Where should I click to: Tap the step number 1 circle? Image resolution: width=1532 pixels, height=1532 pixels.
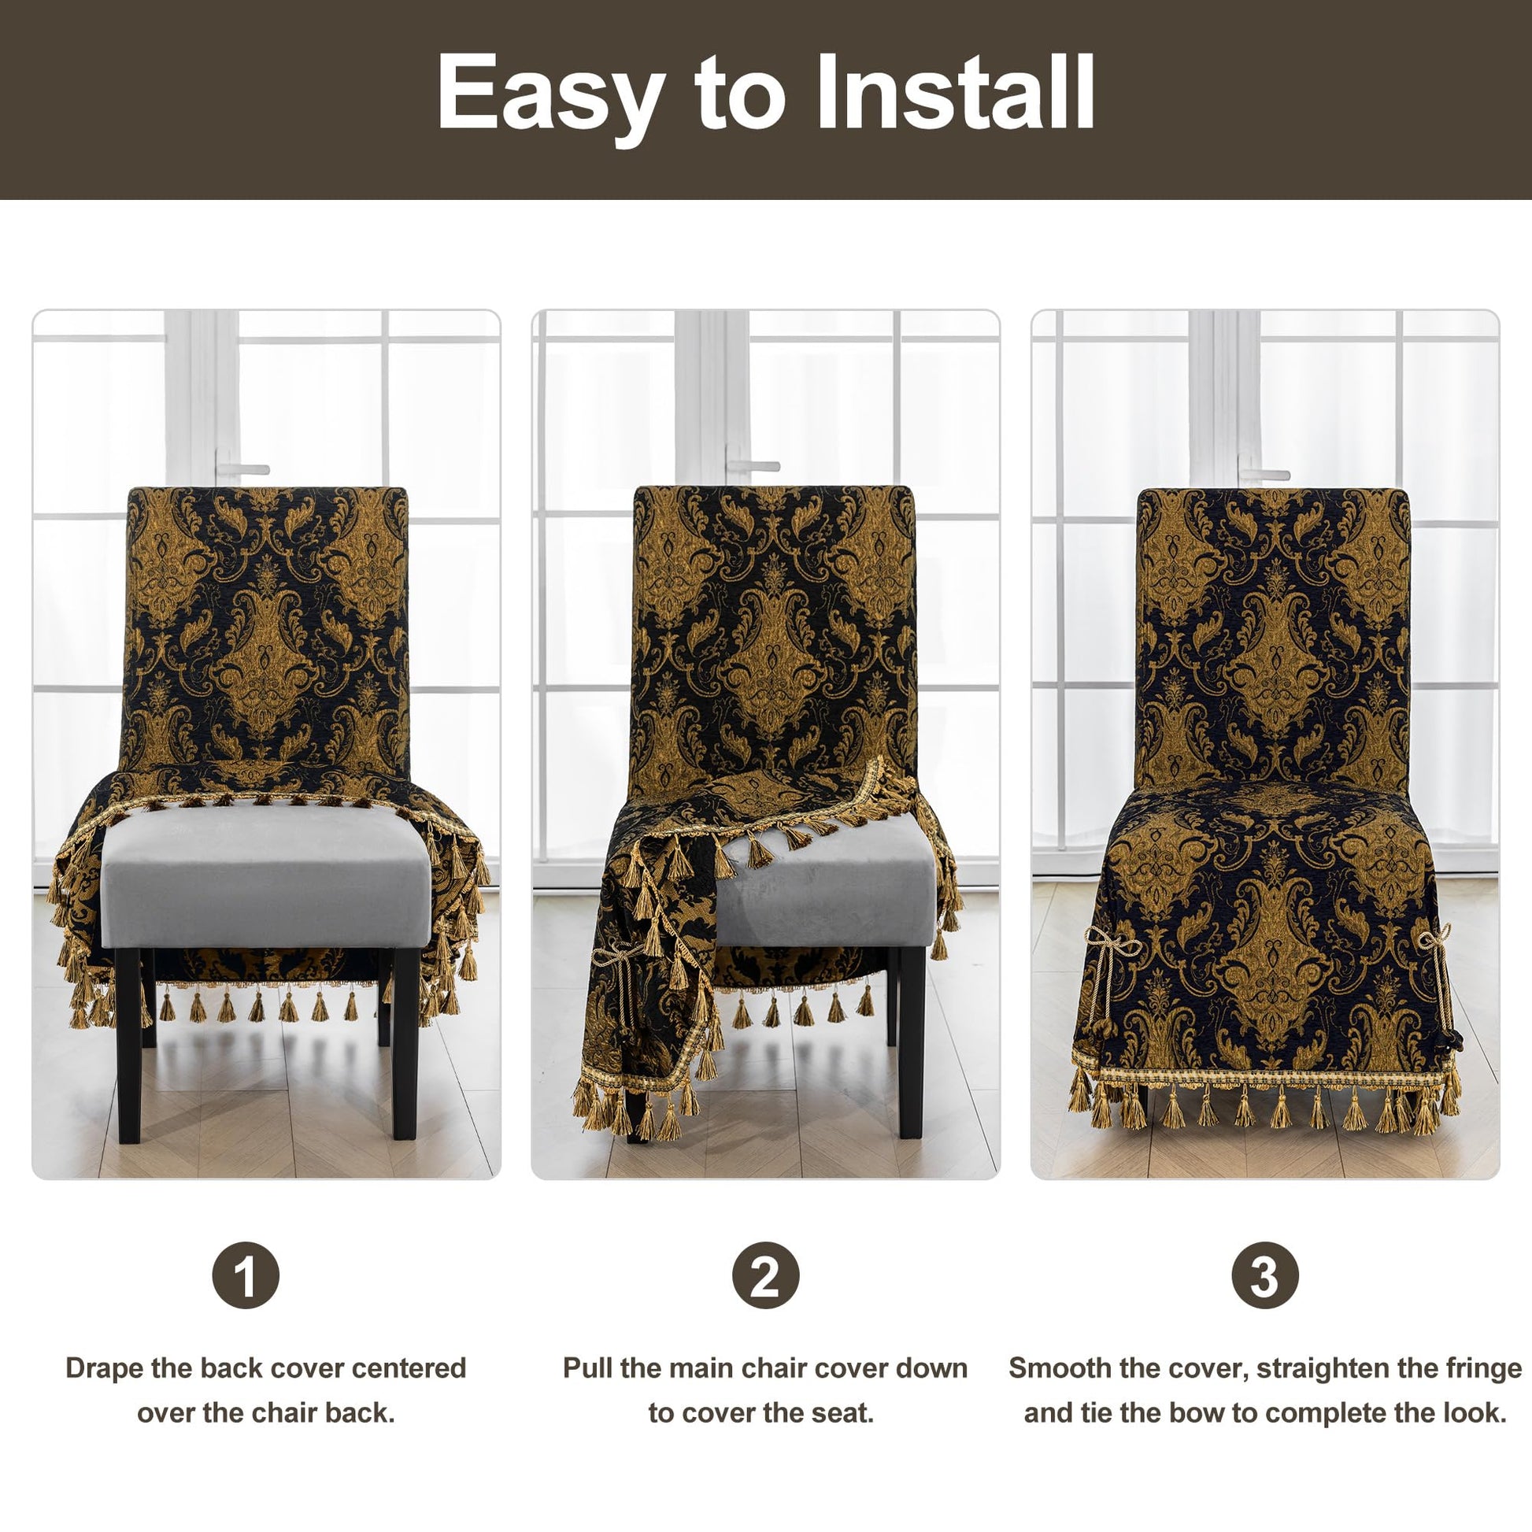pos(246,1275)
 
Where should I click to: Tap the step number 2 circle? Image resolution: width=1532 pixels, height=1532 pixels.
pos(765,1275)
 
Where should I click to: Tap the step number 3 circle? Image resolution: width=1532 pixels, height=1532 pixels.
pos(1265,1275)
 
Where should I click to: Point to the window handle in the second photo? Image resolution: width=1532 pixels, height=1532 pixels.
pos(753,466)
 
